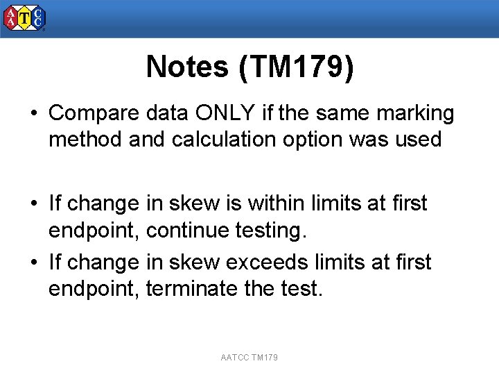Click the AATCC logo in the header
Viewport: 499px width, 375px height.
(x=24, y=19)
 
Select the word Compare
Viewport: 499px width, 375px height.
(x=94, y=113)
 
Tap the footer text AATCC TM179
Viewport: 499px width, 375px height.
(x=249, y=358)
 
